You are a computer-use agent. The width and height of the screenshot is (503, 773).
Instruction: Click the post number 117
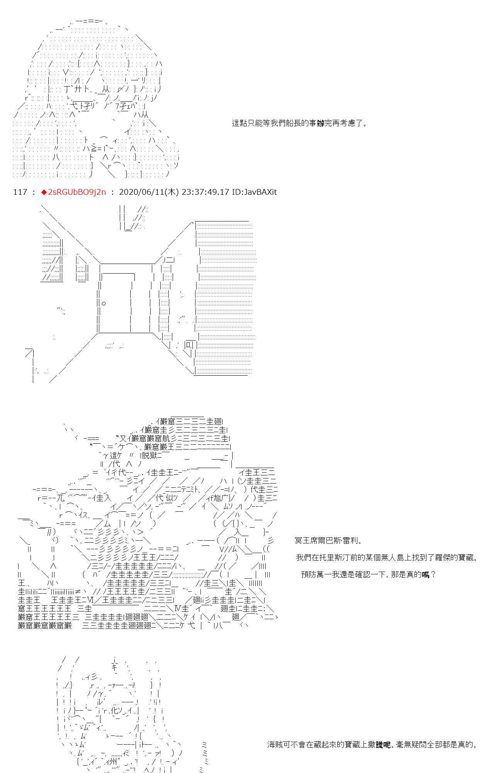coord(20,192)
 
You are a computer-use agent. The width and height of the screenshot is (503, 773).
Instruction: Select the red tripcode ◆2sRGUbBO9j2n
coord(73,192)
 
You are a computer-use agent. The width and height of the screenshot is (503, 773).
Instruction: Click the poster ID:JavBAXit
coord(254,192)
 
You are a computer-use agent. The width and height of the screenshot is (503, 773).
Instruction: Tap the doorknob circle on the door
coord(104,303)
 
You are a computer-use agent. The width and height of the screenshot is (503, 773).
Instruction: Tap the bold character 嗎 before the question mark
coord(425,575)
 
